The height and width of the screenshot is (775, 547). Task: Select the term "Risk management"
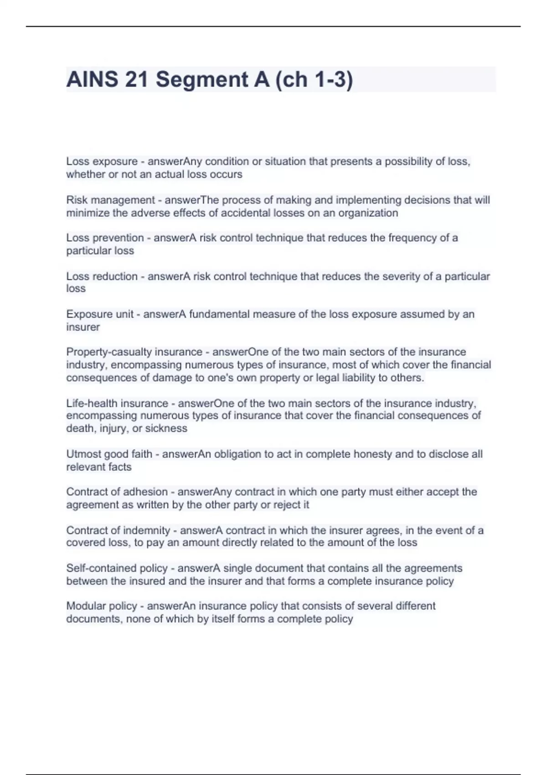coord(111,200)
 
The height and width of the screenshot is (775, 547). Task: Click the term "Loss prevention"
coord(105,238)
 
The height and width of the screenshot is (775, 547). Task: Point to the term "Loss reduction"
coord(102,276)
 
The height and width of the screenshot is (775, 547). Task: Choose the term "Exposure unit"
coord(100,314)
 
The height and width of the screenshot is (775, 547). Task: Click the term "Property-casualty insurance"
coord(134,352)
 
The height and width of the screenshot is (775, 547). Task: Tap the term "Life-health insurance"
coord(117,403)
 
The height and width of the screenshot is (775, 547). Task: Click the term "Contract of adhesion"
coord(117,492)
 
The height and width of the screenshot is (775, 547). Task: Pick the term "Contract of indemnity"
coord(118,530)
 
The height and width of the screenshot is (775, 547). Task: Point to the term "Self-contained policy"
coord(117,568)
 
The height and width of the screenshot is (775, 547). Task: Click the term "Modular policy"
coord(102,606)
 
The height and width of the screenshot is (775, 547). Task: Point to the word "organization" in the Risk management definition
coord(368,213)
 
